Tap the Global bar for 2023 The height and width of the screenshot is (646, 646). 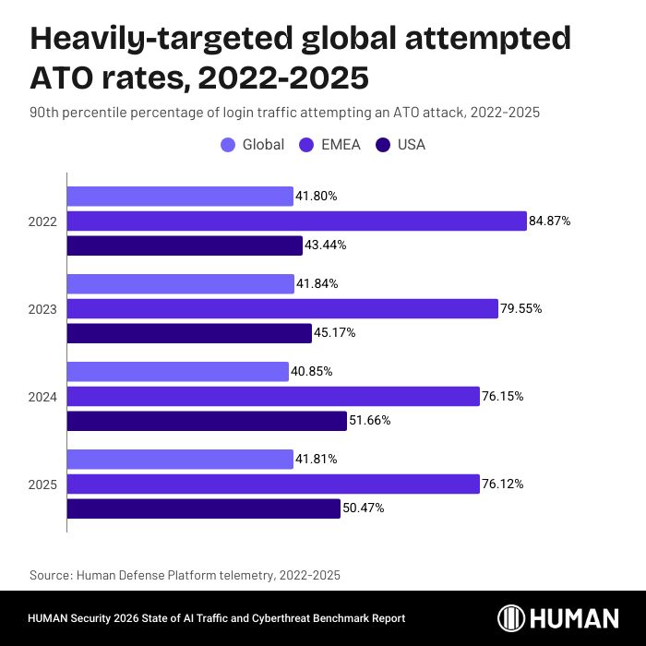pyautogui.click(x=180, y=284)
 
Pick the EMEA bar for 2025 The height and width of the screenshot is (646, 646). pyautogui.click(x=273, y=484)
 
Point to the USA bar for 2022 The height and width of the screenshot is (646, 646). pyautogui.click(x=185, y=245)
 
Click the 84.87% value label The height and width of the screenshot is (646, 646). pyautogui.click(x=550, y=221)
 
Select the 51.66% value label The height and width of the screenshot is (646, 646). pyautogui.click(x=369, y=421)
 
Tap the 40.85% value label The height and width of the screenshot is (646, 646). pyautogui.click(x=312, y=371)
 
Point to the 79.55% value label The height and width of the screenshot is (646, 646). pyautogui.click(x=521, y=309)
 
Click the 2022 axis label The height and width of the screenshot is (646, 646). pyautogui.click(x=42, y=221)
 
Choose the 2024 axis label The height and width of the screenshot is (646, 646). pyautogui.click(x=42, y=397)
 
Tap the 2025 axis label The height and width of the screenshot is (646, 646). pyautogui.click(x=42, y=484)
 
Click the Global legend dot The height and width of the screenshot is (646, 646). pyautogui.click(x=228, y=145)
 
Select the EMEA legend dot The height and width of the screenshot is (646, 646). pyautogui.click(x=306, y=145)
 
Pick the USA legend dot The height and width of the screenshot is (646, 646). pyautogui.click(x=382, y=145)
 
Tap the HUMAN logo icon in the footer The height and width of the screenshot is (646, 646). pyautogui.click(x=512, y=618)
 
